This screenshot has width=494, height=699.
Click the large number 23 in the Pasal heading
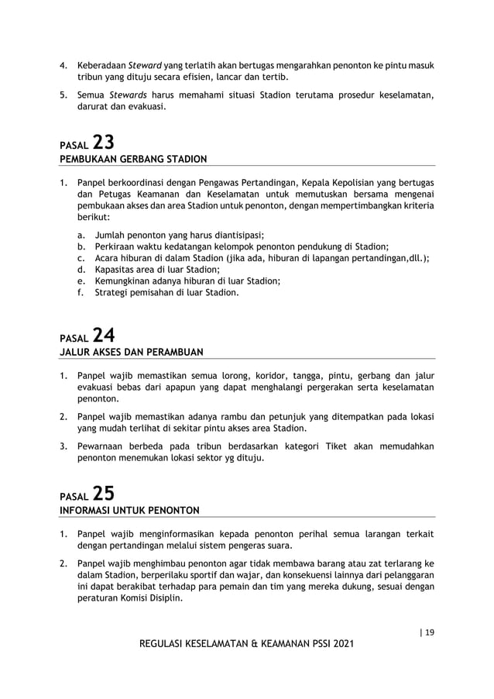coord(104,143)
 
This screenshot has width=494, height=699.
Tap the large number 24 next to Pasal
coord(104,336)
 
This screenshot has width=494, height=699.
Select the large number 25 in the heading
coord(104,493)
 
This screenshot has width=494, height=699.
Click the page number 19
coord(428,632)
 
